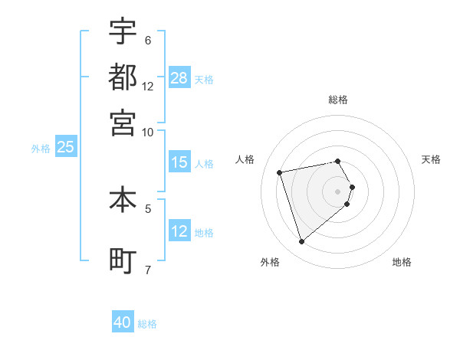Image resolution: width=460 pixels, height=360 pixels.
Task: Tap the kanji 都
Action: point(123,77)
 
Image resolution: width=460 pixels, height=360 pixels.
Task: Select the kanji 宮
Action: point(123,123)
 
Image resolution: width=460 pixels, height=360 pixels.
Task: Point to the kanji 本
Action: point(123,200)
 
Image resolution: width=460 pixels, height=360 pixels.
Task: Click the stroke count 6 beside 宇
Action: point(147,40)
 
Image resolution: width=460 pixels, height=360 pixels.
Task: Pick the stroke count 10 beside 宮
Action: point(148,132)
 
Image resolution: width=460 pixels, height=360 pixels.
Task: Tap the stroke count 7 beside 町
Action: point(147,270)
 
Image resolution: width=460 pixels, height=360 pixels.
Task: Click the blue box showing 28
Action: point(179,78)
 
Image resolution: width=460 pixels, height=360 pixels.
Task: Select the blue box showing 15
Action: point(179,162)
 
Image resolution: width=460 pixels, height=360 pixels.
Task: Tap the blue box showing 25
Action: point(65,148)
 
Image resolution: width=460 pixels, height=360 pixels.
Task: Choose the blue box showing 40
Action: point(123,322)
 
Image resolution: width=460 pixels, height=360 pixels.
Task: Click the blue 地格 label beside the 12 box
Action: point(204,233)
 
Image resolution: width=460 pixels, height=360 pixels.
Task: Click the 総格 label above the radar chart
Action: point(338,100)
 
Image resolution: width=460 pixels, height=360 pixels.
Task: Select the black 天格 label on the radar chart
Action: point(431,159)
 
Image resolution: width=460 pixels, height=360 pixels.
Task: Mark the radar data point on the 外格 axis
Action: point(302,242)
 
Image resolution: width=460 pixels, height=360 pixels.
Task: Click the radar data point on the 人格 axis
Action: point(280,172)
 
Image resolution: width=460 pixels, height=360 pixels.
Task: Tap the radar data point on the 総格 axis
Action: point(338,161)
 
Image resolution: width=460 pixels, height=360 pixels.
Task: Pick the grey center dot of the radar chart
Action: point(338,191)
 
